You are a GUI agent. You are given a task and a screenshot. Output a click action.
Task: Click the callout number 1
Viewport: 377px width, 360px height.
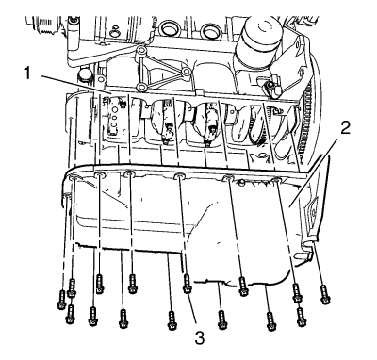click(28, 74)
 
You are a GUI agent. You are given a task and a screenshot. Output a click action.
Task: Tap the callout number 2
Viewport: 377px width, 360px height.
click(345, 128)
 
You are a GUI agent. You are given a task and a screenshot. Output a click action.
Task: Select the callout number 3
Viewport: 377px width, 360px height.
click(200, 338)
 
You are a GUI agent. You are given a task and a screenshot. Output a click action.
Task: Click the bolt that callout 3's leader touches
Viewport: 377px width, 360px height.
click(187, 284)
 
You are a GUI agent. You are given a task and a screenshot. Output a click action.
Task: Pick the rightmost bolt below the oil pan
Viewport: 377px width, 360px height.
click(325, 295)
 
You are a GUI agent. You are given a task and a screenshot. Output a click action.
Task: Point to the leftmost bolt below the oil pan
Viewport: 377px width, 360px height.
click(61, 300)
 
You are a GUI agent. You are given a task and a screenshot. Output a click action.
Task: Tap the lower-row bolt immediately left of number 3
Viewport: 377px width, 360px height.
click(172, 320)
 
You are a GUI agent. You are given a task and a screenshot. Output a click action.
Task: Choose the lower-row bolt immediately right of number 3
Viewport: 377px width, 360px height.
click(221, 319)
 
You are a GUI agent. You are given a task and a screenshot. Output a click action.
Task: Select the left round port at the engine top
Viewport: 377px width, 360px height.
click(168, 29)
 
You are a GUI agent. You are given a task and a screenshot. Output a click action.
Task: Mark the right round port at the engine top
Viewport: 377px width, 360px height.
click(208, 30)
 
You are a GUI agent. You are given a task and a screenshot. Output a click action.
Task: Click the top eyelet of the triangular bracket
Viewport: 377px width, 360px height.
click(141, 50)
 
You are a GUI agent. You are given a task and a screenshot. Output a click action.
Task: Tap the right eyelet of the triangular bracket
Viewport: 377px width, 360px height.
click(186, 71)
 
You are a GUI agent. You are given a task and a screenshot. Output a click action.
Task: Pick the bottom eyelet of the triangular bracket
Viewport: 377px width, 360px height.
click(141, 87)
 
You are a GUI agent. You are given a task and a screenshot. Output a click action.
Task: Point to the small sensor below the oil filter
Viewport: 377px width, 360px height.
click(270, 85)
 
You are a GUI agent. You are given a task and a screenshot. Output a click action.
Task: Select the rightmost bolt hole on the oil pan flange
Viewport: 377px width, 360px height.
click(276, 180)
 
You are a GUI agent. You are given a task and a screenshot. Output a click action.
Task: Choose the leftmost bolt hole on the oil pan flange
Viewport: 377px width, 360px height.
click(73, 178)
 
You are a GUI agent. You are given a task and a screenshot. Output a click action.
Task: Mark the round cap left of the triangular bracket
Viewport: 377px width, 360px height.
click(85, 74)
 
